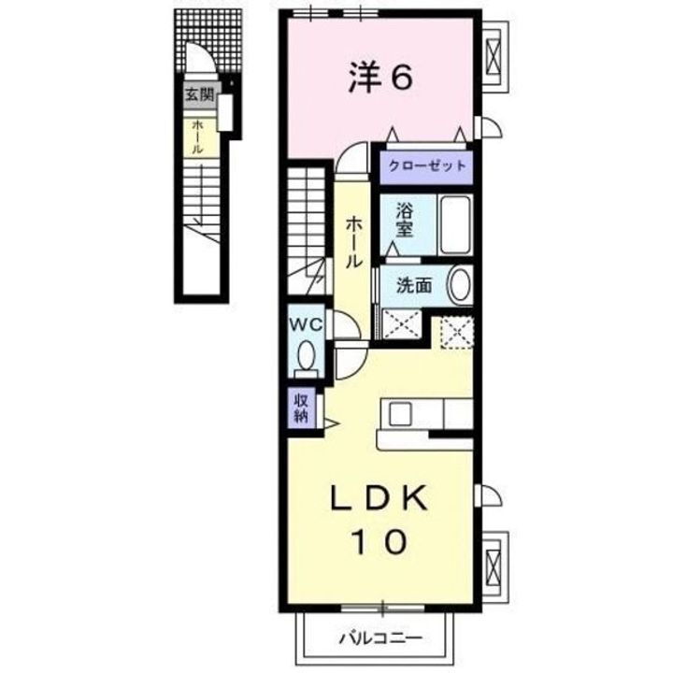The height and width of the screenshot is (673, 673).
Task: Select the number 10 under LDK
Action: coord(379,541)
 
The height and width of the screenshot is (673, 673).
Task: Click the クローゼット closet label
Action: coord(422,167)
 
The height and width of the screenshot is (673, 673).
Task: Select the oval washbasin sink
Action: coord(459,285)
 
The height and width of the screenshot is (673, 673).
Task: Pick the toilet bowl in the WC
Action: coord(307,355)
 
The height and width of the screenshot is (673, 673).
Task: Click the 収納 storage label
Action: coord(302,408)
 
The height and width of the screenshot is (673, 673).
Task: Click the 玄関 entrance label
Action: coord(197,93)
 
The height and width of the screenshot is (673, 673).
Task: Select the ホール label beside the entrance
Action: coord(198,136)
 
